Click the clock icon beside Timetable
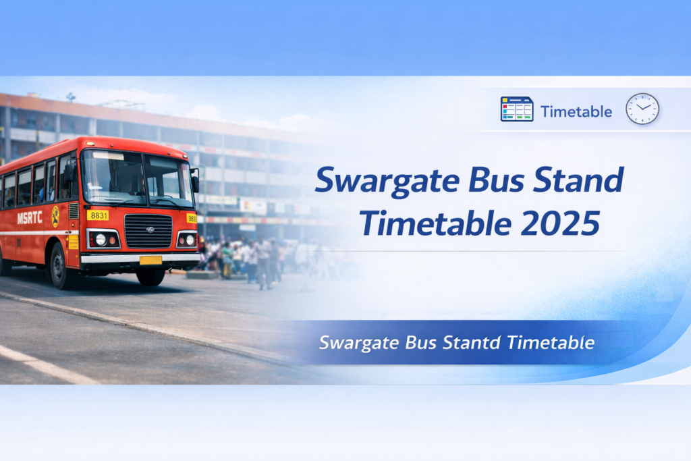coord(642,109)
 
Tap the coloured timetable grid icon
coord(517,109)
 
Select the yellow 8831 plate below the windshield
coord(98,215)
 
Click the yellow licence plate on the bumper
coord(150,260)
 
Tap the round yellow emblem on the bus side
coord(55,216)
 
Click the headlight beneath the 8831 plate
coord(101,239)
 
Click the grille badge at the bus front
coord(149,229)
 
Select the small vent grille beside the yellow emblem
coord(73,211)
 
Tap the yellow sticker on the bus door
coord(74,241)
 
